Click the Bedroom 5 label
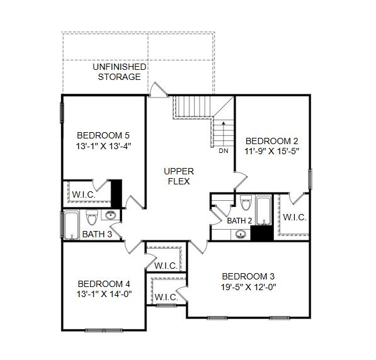[x=103, y=135]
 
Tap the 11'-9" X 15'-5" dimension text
[x=271, y=151]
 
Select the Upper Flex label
[x=179, y=176]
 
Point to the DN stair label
[x=223, y=151]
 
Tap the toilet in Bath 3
[x=92, y=217]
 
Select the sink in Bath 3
[x=110, y=215]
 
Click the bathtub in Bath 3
[x=71, y=225]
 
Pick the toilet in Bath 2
[x=246, y=203]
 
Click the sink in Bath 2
[x=241, y=234]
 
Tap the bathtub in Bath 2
[x=264, y=210]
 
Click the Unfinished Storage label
[x=120, y=72]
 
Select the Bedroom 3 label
[x=248, y=276]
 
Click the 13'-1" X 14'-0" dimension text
[x=104, y=294]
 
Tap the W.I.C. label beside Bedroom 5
[x=84, y=194]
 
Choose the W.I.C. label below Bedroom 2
[x=295, y=217]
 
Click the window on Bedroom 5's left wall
[x=62, y=113]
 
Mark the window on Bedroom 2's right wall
[x=310, y=179]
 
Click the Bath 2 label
[x=239, y=221]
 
